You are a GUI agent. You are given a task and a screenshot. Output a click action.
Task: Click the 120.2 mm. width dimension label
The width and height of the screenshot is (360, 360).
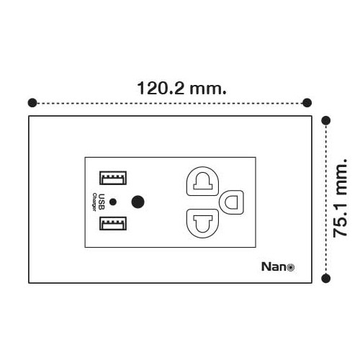point(181,89)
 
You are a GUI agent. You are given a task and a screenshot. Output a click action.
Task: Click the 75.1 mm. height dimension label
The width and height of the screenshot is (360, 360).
point(341,198)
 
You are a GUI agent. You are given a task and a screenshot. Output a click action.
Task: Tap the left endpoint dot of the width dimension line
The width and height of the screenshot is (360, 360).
point(32,103)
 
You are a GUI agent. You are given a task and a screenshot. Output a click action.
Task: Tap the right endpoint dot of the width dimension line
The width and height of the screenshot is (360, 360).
point(307,103)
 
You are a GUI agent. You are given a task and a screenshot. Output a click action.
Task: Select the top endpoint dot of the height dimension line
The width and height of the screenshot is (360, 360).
point(325,120)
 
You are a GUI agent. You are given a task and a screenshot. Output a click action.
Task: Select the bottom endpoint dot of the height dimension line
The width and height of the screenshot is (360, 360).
point(325,279)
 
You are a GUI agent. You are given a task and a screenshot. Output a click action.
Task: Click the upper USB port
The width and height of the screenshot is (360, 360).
point(113,178)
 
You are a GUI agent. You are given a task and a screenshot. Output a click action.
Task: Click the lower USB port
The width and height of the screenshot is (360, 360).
point(113,223)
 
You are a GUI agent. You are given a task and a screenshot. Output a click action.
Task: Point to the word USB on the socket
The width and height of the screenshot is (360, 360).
point(102,202)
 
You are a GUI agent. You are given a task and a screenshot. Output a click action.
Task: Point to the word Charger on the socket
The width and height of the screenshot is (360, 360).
point(94,202)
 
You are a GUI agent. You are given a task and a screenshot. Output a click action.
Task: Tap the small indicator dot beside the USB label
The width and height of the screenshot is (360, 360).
point(113,202)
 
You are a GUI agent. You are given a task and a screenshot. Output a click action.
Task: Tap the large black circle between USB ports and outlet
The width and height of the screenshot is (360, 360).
point(138,202)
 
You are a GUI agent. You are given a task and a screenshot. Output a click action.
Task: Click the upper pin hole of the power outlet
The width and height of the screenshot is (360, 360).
point(202,181)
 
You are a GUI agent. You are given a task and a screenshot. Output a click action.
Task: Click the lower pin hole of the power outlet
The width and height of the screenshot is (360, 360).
point(202,223)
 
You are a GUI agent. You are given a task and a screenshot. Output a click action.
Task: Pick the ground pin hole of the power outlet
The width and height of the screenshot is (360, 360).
point(232,202)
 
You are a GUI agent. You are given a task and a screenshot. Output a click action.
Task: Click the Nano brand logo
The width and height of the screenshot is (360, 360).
point(278,266)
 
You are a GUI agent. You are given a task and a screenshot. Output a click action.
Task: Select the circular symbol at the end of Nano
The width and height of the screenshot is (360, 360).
point(291,267)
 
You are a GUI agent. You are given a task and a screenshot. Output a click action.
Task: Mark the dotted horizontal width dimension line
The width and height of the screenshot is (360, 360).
point(170,104)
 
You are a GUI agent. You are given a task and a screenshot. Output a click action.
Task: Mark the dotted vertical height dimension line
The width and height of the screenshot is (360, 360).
point(325,199)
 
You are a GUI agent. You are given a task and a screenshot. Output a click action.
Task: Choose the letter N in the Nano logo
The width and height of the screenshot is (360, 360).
point(266,266)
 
